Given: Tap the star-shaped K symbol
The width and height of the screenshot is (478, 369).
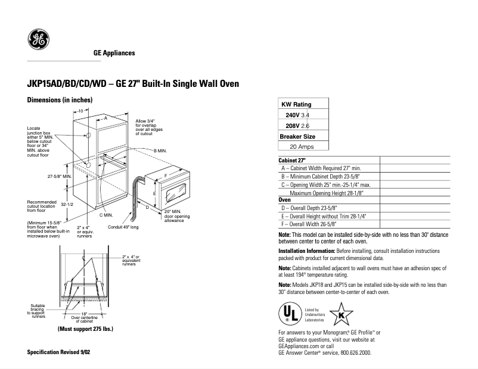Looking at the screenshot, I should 341,314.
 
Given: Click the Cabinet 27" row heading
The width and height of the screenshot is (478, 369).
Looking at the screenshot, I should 292,161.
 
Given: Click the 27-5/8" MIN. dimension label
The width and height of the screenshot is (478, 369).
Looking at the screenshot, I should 60,177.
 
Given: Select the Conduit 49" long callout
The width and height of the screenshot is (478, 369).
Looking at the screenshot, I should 123,227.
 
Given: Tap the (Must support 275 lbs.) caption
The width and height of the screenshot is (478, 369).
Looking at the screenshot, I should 85,329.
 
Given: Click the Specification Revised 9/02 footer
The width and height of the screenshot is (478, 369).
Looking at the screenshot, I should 59,352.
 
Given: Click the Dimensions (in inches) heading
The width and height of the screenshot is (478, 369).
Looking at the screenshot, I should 60,101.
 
